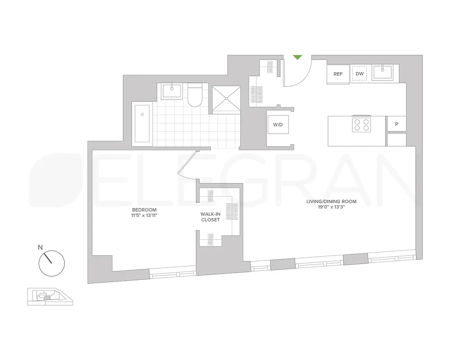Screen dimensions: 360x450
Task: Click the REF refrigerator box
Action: click(338, 74)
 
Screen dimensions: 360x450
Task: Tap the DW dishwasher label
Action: click(360, 74)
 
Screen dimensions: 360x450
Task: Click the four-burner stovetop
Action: click(362, 125)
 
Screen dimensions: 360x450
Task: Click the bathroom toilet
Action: click(195, 95)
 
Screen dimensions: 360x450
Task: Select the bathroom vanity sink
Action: click(171, 91)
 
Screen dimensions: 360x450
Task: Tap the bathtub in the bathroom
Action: click(142, 123)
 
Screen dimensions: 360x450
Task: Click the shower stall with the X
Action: click(226, 98)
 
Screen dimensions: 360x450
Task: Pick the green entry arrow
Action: click(297, 57)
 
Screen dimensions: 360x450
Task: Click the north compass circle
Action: click(52, 264)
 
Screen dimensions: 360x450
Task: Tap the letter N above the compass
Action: click(40, 247)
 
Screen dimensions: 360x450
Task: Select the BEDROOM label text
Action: click(144, 210)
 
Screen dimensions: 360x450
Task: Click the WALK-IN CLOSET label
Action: click(210, 217)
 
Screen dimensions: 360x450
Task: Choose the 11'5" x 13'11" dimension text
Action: click(144, 216)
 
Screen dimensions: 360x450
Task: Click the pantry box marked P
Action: click(396, 124)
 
